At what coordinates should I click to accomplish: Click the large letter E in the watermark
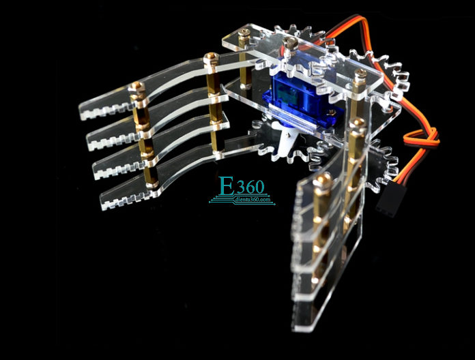click(227, 186)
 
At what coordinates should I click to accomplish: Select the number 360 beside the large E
click(250, 187)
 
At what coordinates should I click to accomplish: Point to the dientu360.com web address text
click(253, 200)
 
